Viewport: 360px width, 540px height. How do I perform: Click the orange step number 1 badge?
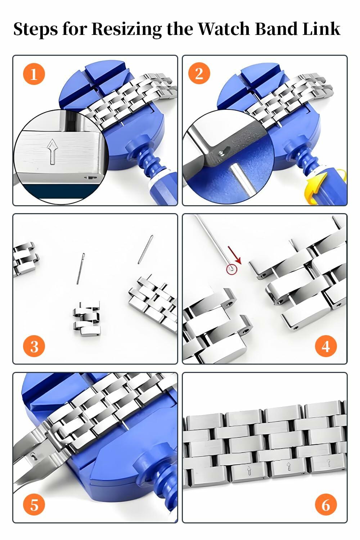point(34,74)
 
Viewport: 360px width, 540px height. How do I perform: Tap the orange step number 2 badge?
point(199,73)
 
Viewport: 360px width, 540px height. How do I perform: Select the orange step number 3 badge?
point(34,346)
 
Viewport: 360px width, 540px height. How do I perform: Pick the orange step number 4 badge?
point(325,346)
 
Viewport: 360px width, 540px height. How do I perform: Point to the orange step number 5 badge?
point(34,505)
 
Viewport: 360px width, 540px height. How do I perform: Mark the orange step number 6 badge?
point(325,505)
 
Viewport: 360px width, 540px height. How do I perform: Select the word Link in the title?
point(321,29)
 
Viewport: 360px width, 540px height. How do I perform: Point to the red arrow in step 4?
point(235,255)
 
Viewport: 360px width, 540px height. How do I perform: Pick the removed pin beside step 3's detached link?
point(80,268)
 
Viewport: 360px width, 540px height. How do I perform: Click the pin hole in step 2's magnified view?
point(220,153)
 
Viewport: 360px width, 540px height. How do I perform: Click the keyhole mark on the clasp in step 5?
point(33,456)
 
